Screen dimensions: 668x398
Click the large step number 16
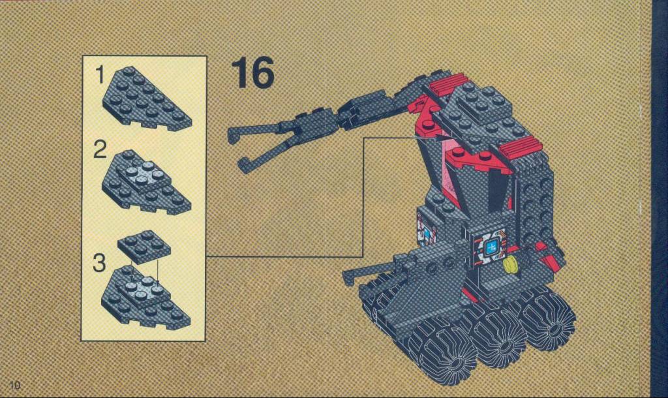[252, 73]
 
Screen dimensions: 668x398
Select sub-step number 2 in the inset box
[100, 149]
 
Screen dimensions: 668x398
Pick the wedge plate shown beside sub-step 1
[145, 99]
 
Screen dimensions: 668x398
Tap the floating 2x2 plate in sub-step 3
[144, 245]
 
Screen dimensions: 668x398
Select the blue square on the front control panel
[492, 247]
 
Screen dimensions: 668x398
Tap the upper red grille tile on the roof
[449, 84]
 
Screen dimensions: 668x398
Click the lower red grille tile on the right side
[521, 146]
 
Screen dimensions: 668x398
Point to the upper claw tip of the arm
[232, 135]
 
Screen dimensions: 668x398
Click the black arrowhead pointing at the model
[442, 138]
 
